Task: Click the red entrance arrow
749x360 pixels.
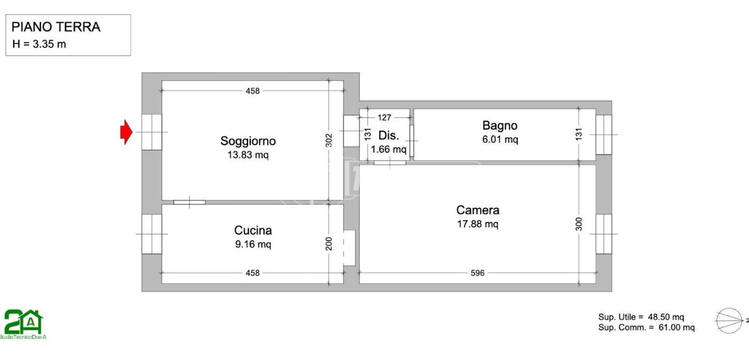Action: (126, 132)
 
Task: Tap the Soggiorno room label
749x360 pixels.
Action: (248, 141)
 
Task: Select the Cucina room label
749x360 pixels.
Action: (253, 230)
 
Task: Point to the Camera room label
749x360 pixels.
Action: (478, 210)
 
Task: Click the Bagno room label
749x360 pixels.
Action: (500, 125)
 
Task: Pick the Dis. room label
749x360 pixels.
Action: (389, 135)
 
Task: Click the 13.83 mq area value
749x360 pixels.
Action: (248, 155)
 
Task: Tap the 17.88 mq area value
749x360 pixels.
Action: (478, 224)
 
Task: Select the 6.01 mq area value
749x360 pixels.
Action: (500, 139)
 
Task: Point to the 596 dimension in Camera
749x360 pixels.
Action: (477, 273)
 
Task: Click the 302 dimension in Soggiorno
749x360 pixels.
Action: (329, 140)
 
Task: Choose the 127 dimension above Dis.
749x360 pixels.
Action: (384, 118)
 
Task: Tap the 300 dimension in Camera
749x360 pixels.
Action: (579, 224)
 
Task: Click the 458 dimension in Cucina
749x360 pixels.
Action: (252, 273)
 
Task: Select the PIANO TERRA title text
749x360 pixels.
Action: (56, 27)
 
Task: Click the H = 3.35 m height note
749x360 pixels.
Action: (39, 44)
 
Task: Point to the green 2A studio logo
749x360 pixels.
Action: (23, 324)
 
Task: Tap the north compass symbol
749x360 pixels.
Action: (730, 321)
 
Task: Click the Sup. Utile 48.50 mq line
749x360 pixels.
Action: (641, 317)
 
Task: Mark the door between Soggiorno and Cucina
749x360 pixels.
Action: (189, 203)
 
